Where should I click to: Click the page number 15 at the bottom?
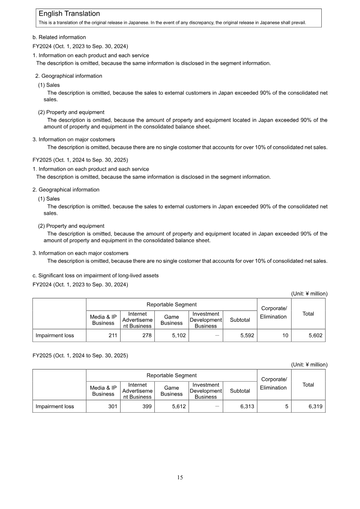[x=180, y=477]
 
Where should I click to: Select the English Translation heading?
[x=69, y=14]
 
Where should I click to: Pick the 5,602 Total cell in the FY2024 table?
[x=314, y=335]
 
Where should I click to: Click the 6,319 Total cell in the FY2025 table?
[x=314, y=406]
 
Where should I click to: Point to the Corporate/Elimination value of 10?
[x=285, y=335]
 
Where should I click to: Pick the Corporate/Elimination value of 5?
[x=287, y=406]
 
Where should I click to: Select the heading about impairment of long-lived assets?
[x=95, y=275]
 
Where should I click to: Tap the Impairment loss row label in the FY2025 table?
[x=55, y=406]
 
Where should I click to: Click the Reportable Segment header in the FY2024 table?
[x=171, y=305]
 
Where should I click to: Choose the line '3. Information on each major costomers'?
[x=81, y=253]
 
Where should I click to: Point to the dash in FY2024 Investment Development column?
[x=217, y=335]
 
